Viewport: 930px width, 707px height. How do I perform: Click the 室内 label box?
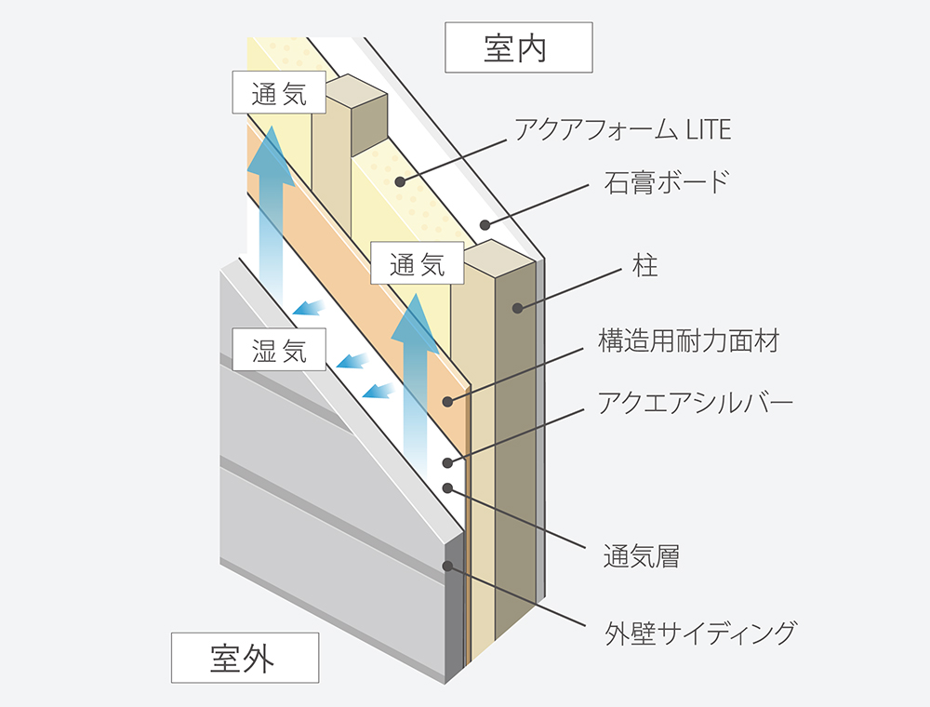click(x=518, y=47)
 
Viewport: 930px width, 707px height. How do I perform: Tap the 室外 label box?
click(x=245, y=657)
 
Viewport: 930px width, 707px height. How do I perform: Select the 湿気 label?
click(x=279, y=351)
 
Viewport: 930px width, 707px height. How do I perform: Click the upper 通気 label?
click(x=279, y=94)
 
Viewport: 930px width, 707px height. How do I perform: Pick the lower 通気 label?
click(x=418, y=265)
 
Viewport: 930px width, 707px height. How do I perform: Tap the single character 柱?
click(x=644, y=266)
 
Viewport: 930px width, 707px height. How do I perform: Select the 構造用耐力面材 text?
click(x=688, y=340)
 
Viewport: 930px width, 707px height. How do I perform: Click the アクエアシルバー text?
click(x=696, y=403)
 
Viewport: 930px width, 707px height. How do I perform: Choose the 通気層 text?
click(x=642, y=557)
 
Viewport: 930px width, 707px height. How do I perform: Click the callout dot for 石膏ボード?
click(x=484, y=224)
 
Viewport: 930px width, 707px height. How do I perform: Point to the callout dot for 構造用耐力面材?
click(x=447, y=401)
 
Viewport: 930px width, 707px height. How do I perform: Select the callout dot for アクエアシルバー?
click(x=447, y=462)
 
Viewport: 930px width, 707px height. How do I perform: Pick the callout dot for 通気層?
click(x=447, y=487)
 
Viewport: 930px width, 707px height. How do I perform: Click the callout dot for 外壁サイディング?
click(x=447, y=565)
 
